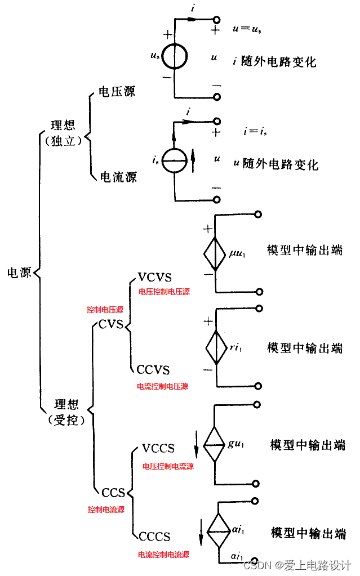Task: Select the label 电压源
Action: [117, 91]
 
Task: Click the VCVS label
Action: [154, 278]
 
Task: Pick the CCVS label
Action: [153, 370]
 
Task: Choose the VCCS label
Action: [158, 448]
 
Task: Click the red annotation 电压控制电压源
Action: [164, 292]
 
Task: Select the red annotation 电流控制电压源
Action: [163, 386]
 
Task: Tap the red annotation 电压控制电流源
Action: [168, 467]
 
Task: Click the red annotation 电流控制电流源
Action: [163, 555]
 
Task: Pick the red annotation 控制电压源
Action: [105, 310]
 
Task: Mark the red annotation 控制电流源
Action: [106, 510]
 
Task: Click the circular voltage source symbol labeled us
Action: [175, 57]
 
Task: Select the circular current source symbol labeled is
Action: [175, 160]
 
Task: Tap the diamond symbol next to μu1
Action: [215, 253]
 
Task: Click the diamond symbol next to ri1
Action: [215, 347]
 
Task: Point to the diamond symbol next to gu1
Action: [215, 444]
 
